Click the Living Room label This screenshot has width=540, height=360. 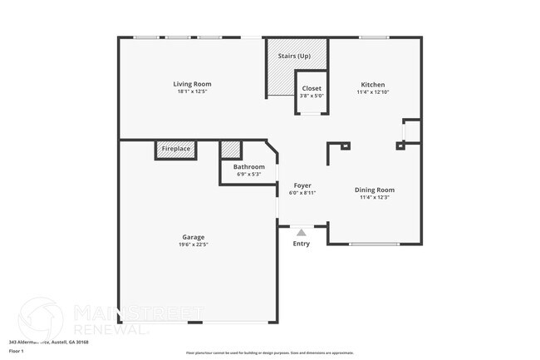click(192, 84)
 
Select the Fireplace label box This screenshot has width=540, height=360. click(176, 149)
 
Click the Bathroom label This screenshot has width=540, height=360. click(248, 166)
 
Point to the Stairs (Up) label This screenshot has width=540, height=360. click(294, 56)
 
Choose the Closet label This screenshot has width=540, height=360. click(312, 88)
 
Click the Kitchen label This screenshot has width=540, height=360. click(372, 84)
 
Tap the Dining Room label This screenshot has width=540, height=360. click(375, 190)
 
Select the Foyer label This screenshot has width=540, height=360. click(302, 185)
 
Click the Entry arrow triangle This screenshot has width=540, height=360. click(301, 233)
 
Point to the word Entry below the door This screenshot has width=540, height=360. click(301, 244)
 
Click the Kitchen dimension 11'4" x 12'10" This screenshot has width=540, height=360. click(372, 91)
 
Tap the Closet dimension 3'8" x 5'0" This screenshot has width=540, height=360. click(312, 96)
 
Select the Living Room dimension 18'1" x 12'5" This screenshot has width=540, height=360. click(192, 91)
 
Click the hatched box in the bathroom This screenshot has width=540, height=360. click(231, 150)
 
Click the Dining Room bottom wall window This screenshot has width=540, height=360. click(374, 244)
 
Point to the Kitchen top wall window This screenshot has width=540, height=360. click(374, 37)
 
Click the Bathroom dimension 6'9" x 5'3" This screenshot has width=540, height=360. click(248, 174)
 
